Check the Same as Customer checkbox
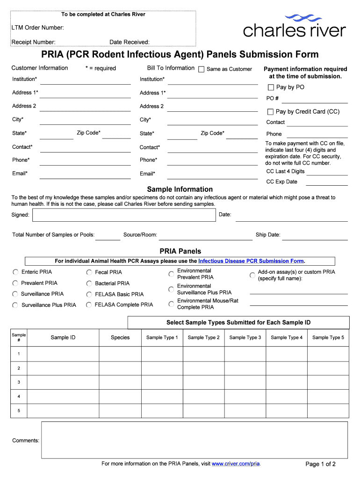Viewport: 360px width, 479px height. (x=202, y=69)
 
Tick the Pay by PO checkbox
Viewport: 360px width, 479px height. (x=271, y=87)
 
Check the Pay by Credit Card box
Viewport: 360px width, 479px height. (x=270, y=112)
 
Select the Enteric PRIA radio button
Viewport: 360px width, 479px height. (x=15, y=272)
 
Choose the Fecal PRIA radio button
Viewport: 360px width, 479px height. (x=89, y=272)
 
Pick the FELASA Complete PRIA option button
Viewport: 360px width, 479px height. (x=89, y=305)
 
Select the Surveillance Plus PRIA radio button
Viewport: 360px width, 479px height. (x=15, y=305)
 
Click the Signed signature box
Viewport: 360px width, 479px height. (x=124, y=215)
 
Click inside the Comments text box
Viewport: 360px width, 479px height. (x=194, y=440)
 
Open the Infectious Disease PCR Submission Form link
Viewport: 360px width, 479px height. (x=251, y=261)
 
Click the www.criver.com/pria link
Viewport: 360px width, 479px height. (x=236, y=464)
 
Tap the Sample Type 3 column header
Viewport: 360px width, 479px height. (x=245, y=338)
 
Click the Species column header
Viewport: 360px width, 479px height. (x=120, y=338)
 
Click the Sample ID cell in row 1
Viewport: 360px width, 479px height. (x=63, y=354)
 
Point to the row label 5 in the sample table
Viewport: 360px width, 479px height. (x=19, y=411)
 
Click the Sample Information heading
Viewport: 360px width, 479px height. (x=180, y=189)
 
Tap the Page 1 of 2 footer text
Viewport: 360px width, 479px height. (x=320, y=464)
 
